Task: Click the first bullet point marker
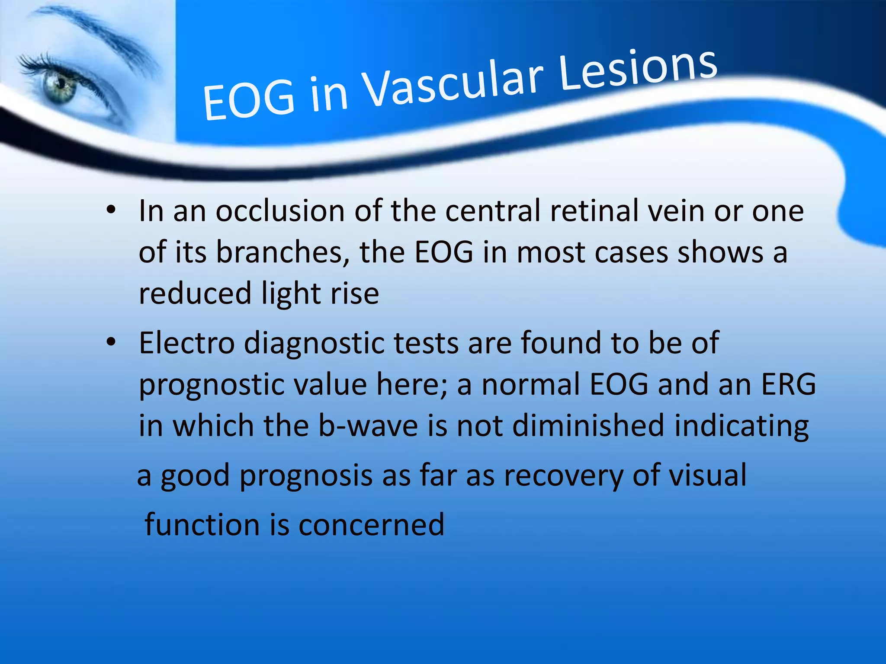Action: pos(111,211)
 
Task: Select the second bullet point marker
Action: pos(111,343)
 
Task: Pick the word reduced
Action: pos(195,294)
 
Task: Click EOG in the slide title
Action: pos(249,101)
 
